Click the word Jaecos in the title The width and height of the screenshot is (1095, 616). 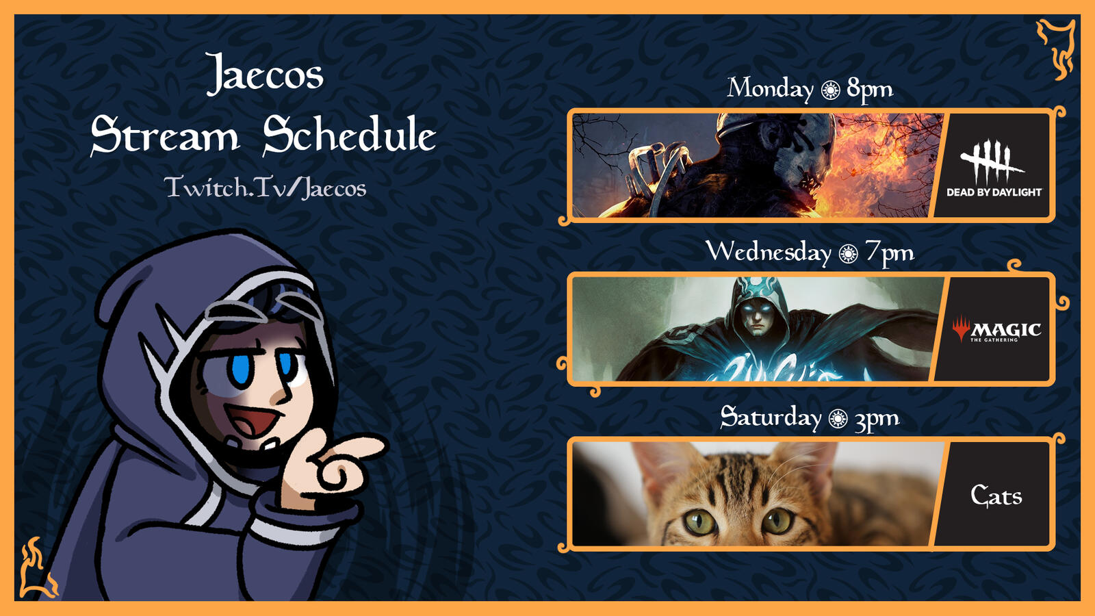(264, 75)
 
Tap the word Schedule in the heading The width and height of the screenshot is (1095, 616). (349, 134)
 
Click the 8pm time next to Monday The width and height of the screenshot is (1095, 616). (870, 90)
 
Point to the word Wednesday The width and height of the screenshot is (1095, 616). (769, 253)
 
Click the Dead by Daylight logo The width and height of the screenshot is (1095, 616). (994, 168)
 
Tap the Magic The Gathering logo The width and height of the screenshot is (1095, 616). (996, 329)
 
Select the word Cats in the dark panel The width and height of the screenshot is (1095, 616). (996, 496)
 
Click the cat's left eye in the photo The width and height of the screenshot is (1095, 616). (700, 522)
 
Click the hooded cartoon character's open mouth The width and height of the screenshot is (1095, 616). (255, 421)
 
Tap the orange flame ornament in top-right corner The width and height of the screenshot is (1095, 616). (1057, 49)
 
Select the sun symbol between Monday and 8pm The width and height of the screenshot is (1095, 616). (831, 90)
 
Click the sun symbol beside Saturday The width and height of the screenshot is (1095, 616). (838, 419)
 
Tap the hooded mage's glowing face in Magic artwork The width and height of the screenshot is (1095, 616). (757, 317)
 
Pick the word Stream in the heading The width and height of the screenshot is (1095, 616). (165, 134)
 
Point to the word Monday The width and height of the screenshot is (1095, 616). (769, 89)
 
